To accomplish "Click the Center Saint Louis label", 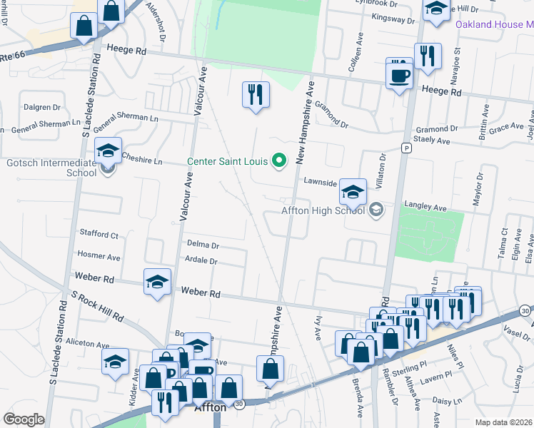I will point(228,160).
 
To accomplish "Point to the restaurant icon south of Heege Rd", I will point(255,94).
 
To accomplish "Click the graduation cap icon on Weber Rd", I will point(157,282).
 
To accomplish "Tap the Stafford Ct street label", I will point(99,234).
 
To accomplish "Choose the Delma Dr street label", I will point(202,244).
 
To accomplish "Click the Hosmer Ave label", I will point(99,256).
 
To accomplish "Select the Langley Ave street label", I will point(425,208).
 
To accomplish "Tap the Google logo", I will point(24,419).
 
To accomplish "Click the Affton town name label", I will point(211,408).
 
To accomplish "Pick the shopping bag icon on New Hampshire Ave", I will point(271,370).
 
